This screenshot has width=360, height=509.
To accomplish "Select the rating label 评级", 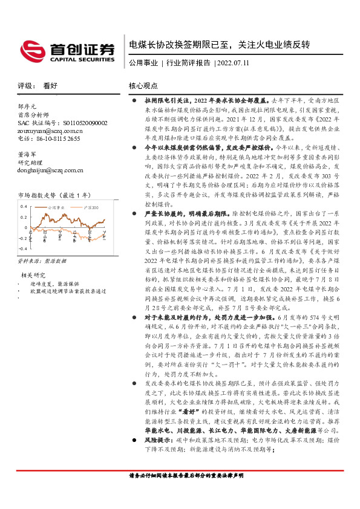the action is click(26, 86).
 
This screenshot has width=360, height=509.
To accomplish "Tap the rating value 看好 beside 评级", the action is click(51, 86).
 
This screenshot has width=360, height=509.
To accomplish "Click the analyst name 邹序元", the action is click(28, 106).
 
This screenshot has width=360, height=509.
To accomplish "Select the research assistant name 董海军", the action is click(28, 155).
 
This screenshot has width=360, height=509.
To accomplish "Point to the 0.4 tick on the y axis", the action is click(24, 206).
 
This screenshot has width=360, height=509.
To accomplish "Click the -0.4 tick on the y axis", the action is click(23, 248).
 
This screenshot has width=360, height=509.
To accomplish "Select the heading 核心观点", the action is click(143, 86).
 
